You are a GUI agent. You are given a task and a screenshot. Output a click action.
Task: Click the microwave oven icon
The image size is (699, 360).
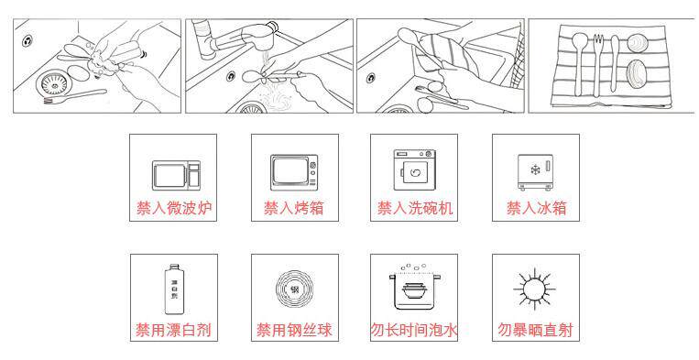(x=176, y=176)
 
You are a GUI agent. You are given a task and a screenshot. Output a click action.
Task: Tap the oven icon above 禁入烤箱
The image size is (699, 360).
(x=294, y=172)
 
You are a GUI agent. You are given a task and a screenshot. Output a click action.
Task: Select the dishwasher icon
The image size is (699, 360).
(x=414, y=169)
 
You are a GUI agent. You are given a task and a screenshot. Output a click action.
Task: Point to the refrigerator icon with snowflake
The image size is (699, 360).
(x=535, y=173)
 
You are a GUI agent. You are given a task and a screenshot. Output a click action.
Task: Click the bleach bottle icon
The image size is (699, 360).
(x=174, y=289)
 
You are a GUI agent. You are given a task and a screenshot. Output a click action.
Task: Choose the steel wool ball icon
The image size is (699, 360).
(x=294, y=289)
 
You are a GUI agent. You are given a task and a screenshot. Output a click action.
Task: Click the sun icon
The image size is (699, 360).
(x=534, y=289)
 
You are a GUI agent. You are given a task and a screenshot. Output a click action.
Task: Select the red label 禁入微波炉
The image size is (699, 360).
(x=174, y=208)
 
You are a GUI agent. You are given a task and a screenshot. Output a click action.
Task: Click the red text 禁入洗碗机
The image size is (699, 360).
(x=415, y=208)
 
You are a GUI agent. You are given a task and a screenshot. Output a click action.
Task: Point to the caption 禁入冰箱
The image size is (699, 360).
(x=536, y=208)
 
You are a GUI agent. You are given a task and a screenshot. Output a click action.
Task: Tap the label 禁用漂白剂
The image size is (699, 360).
(x=173, y=330)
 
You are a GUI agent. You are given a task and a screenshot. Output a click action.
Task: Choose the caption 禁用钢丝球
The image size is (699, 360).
(x=294, y=330)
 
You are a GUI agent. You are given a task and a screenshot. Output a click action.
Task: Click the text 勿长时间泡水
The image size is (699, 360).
(x=414, y=330)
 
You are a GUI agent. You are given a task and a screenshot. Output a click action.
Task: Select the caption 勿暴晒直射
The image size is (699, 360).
(x=535, y=330)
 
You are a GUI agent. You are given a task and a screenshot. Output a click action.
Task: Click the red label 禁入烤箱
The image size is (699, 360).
(x=294, y=208)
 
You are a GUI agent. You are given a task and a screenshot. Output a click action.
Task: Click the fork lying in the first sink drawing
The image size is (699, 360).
(x=75, y=97)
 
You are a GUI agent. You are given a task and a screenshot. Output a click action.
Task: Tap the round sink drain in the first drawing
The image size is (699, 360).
(x=53, y=82)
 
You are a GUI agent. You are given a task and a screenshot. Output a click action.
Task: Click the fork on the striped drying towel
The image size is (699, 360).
(x=598, y=65)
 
